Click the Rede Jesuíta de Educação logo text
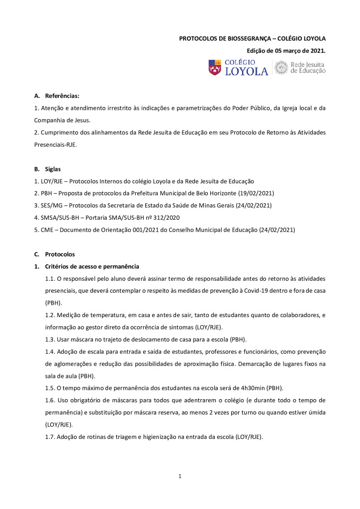coord(307,68)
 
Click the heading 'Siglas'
coord(53,169)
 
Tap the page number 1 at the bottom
coord(180,477)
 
